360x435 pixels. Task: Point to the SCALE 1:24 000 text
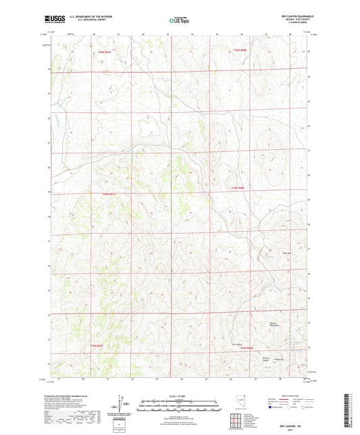click(179, 395)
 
